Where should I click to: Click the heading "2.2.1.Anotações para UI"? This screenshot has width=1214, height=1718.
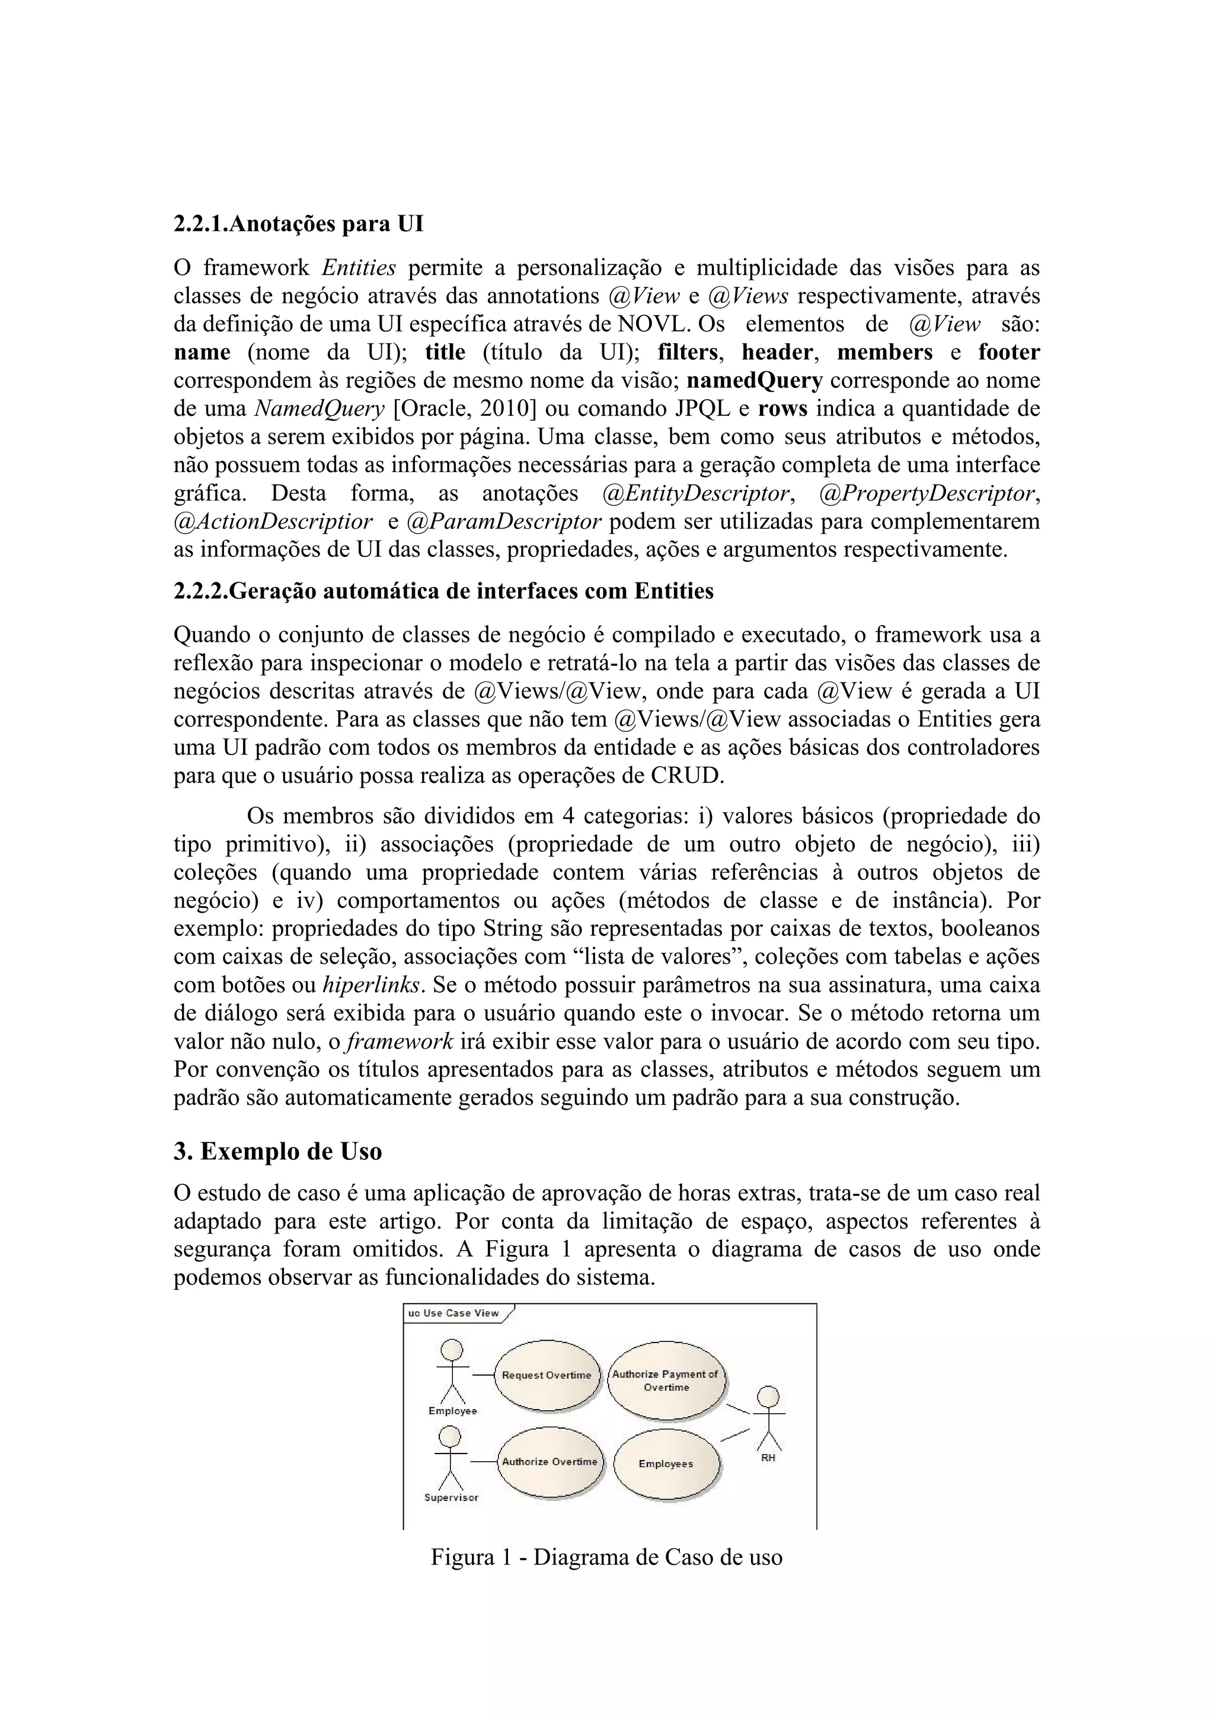[298, 224]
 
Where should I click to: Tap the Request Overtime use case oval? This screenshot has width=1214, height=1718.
[547, 1375]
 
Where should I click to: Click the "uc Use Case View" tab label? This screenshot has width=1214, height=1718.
[454, 1313]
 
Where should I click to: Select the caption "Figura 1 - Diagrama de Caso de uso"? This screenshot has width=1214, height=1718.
[606, 1557]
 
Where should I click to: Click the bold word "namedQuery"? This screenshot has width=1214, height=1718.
[755, 381]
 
